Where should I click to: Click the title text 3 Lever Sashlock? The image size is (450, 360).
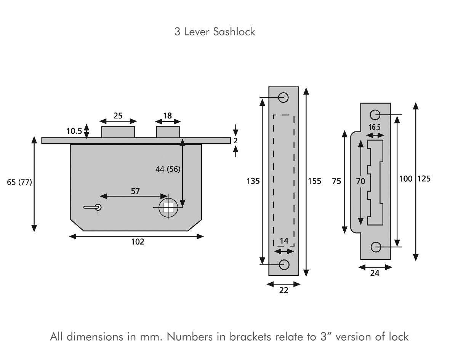coord(215,32)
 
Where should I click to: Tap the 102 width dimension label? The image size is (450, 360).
coord(138,242)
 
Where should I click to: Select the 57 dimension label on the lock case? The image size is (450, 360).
coord(135,191)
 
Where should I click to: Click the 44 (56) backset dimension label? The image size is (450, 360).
coord(168,169)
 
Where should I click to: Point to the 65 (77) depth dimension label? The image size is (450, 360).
coord(19,182)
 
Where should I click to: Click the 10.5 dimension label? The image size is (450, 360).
coord(74,131)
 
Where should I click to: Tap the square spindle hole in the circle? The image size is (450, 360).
coord(168,207)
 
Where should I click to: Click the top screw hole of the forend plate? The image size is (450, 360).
coord(283,97)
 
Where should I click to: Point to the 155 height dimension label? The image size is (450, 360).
coord(314,181)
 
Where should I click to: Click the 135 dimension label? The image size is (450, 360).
coord(253,181)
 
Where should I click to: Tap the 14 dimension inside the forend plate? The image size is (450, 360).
coord(284,241)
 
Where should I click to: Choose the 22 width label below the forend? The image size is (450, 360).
coord(284,291)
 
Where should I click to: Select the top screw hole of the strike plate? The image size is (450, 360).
coord(375,114)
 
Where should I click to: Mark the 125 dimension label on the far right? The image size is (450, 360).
coord(424,179)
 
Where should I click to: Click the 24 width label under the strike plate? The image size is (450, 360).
coord(375,273)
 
